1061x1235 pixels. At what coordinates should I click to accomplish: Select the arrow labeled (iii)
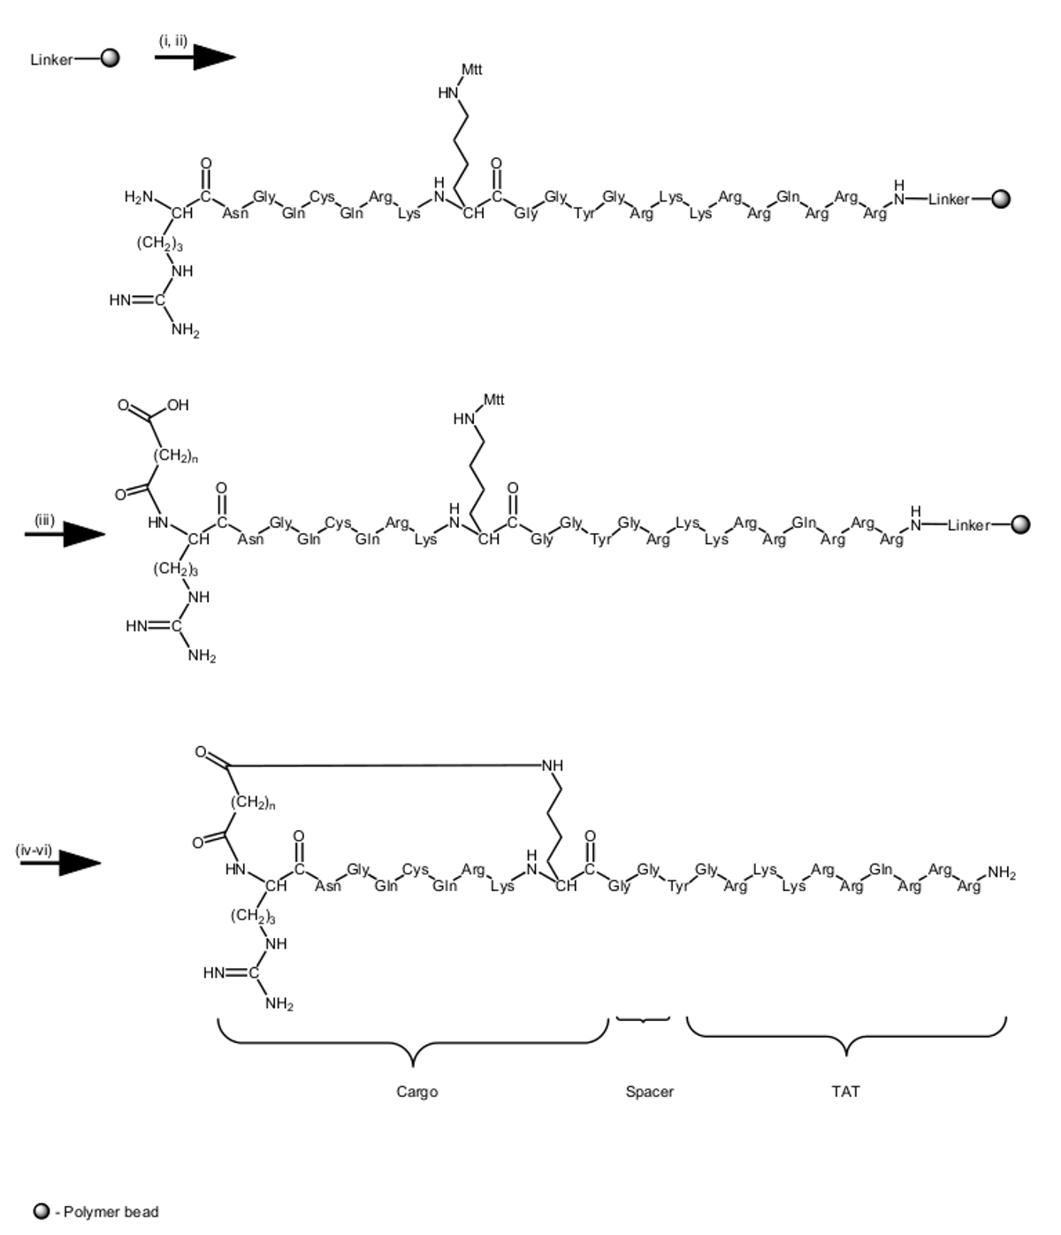pyautogui.click(x=65, y=534)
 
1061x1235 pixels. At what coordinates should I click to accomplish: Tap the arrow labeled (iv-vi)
pyautogui.click(x=60, y=864)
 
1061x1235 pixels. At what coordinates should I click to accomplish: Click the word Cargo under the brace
pyautogui.click(x=416, y=1092)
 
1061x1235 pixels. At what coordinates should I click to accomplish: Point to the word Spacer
pyautogui.click(x=649, y=1092)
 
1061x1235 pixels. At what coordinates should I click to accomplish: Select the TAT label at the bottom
pyautogui.click(x=845, y=1092)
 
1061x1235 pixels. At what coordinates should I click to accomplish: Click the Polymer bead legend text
pyautogui.click(x=111, y=1212)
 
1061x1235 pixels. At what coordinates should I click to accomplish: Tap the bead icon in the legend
pyautogui.click(x=42, y=1211)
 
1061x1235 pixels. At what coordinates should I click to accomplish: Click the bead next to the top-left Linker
pyautogui.click(x=110, y=59)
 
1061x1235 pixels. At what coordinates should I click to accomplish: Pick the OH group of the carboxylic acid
pyautogui.click(x=178, y=405)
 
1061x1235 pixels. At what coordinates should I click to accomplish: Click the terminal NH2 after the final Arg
pyautogui.click(x=1002, y=873)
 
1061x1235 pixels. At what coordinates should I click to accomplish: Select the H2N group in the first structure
pyautogui.click(x=139, y=197)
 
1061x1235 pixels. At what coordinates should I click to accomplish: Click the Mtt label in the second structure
pyautogui.click(x=493, y=400)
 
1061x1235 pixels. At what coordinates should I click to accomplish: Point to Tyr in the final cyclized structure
pyautogui.click(x=678, y=886)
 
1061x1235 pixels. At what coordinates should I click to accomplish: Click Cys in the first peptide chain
pyautogui.click(x=322, y=196)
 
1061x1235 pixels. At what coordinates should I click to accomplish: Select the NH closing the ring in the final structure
pyautogui.click(x=553, y=766)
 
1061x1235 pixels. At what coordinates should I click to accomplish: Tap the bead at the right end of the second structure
pyautogui.click(x=1020, y=525)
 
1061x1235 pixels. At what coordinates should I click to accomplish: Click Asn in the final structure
pyautogui.click(x=328, y=886)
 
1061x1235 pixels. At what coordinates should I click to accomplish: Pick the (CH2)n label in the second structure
pyautogui.click(x=175, y=456)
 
